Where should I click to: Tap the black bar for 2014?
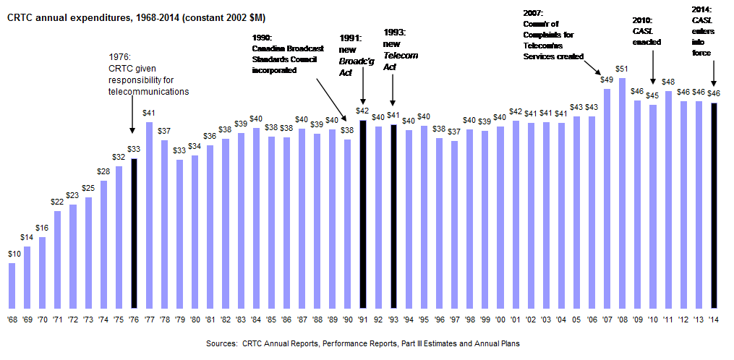tap(714, 206)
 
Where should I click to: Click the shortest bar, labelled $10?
tap(12, 286)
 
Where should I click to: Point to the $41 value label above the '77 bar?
tap(149, 113)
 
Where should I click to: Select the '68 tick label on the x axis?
tap(12, 320)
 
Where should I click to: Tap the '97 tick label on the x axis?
tap(454, 320)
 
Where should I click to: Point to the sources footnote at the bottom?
tap(367, 343)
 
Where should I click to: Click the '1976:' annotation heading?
tap(119, 56)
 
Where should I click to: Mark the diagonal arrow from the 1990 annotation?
tap(335, 93)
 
